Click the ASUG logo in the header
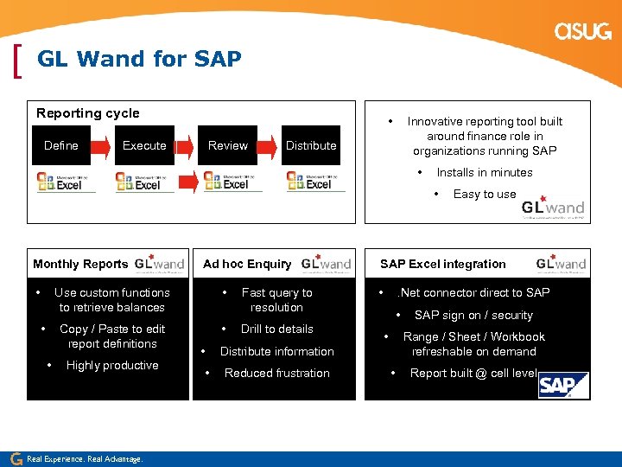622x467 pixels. [583, 31]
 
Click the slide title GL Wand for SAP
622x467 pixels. [139, 59]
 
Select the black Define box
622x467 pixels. [61, 145]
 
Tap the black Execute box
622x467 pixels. [144, 145]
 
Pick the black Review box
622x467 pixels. [228, 145]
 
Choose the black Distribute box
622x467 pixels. [311, 145]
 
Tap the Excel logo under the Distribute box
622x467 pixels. [316, 182]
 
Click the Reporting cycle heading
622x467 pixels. [87, 113]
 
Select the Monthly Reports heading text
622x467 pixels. [80, 264]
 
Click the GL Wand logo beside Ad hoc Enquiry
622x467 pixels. [326, 263]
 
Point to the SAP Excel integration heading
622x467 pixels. [443, 264]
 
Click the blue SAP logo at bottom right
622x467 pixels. [563, 385]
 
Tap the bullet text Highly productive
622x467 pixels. [112, 365]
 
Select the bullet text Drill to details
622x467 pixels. [276, 329]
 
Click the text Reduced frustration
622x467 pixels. [276, 373]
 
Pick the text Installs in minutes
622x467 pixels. [484, 172]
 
